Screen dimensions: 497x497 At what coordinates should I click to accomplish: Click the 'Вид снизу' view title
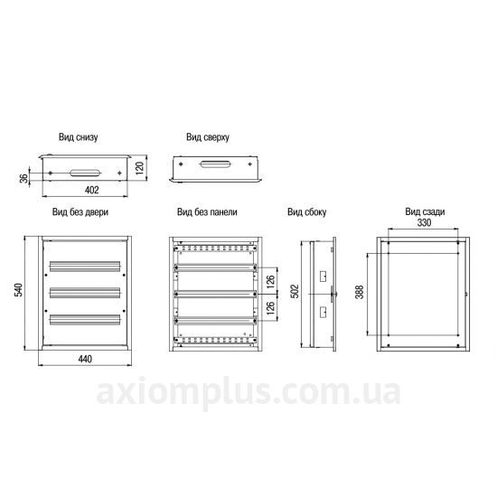coord(78,137)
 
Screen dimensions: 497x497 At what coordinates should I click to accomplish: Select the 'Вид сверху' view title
coord(208,137)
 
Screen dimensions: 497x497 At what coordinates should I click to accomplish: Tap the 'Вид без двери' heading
coord(80,211)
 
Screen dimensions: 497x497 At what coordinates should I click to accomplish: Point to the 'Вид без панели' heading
coord(207,211)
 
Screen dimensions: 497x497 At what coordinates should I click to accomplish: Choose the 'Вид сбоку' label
coord(307,212)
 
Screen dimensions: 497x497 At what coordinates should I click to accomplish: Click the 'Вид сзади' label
coord(425,211)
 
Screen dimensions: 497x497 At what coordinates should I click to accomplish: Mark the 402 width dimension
coord(92,190)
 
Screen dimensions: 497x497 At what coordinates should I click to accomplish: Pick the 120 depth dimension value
coord(139,168)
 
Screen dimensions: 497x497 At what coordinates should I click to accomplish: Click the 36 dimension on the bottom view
coord(23,178)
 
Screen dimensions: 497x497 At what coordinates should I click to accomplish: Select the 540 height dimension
coord(19,290)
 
